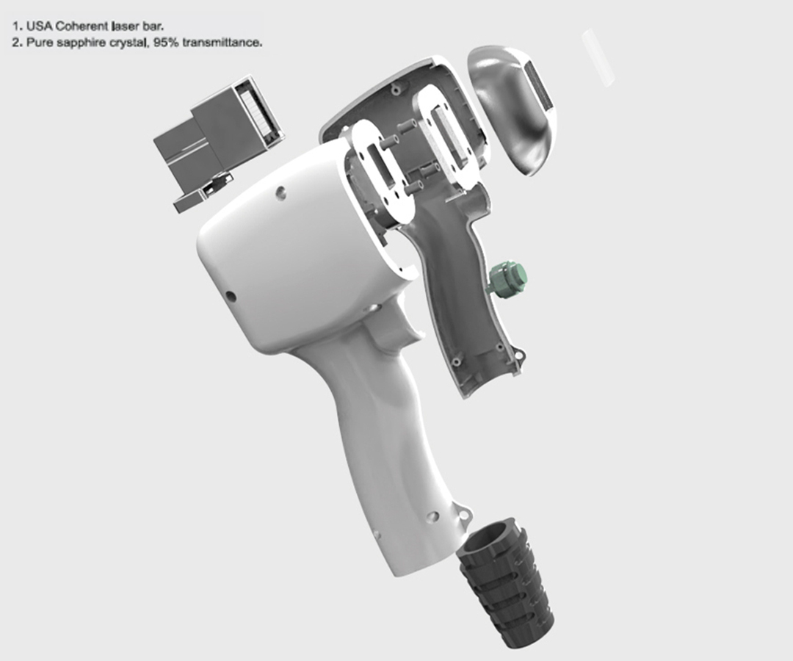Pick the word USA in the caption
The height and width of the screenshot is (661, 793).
[x=39, y=26]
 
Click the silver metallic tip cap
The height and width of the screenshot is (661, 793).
[x=514, y=111]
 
